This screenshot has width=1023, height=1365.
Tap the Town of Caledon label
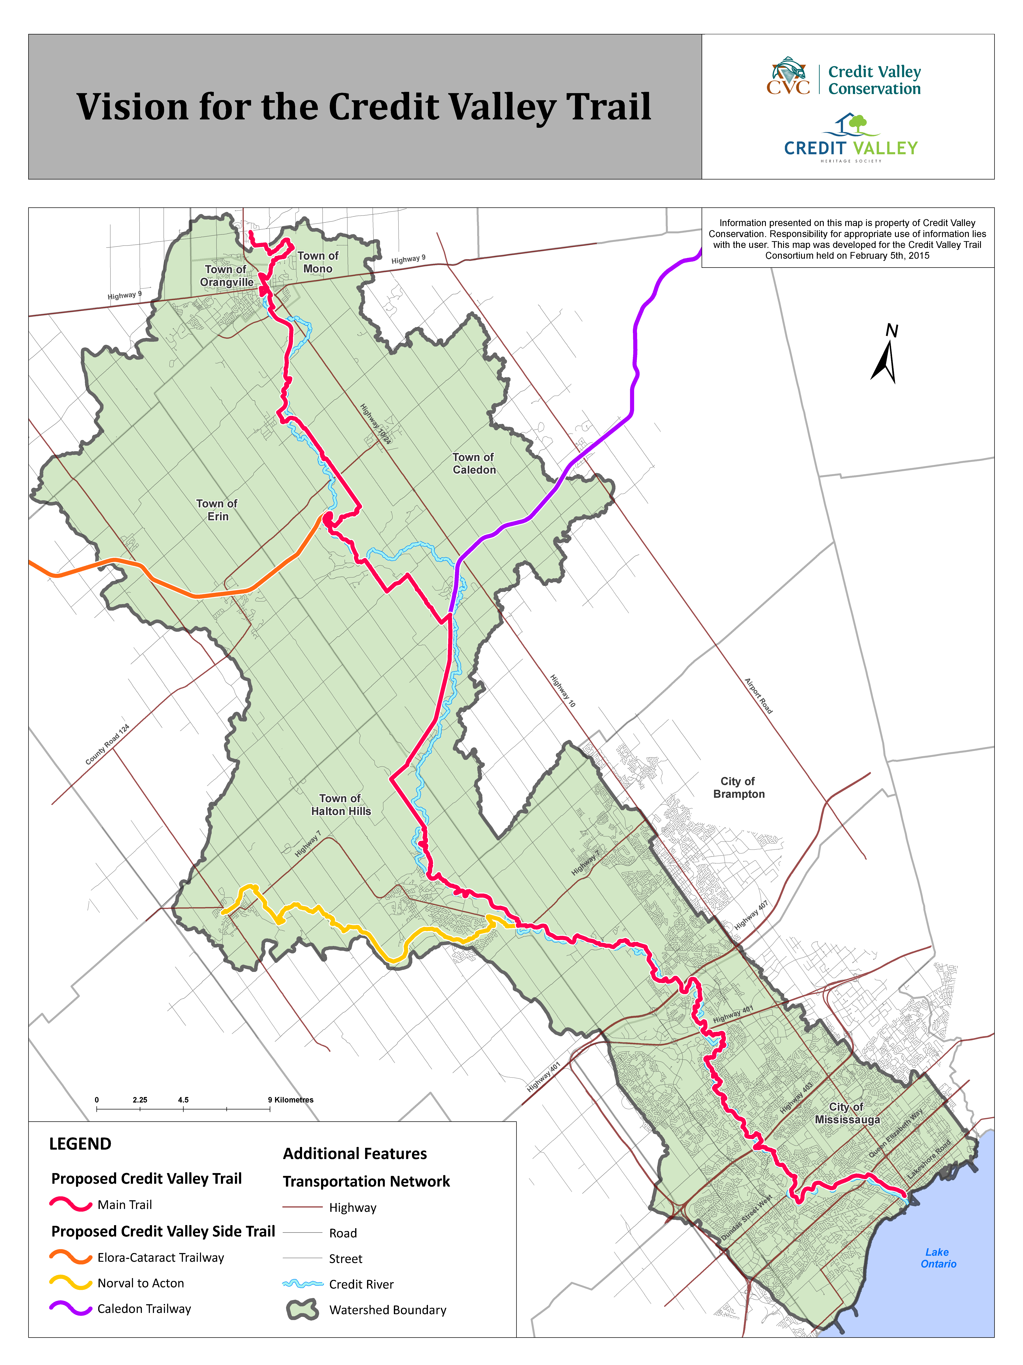pos(474,463)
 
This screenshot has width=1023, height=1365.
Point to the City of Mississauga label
pos(847,1113)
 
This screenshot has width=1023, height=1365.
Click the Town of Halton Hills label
pos(340,805)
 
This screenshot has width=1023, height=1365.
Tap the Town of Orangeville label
pos(226,276)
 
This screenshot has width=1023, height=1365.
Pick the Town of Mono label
pos(318,262)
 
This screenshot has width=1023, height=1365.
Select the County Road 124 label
pos(107,745)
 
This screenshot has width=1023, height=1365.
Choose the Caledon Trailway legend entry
pos(144,1309)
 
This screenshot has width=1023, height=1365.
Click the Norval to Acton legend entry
pos(141,1283)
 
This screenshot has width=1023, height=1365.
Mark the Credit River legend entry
pos(361,1284)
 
